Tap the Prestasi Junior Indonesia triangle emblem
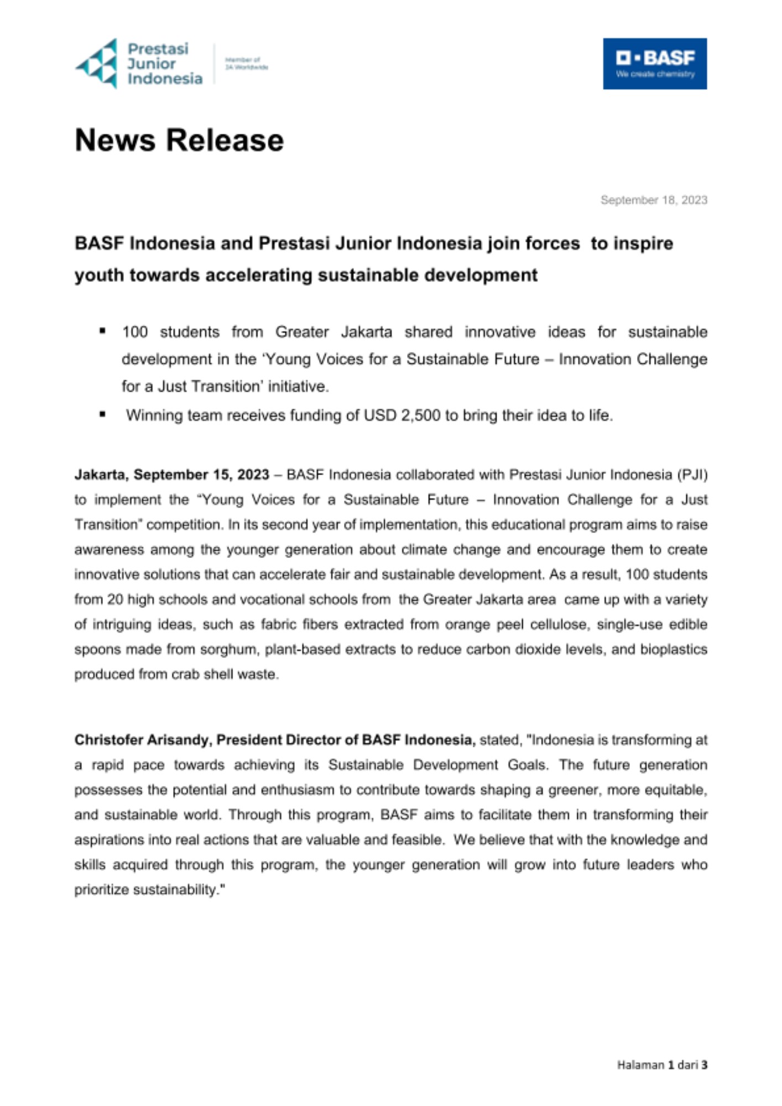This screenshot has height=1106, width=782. (x=97, y=64)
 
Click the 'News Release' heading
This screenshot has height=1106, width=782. (x=179, y=140)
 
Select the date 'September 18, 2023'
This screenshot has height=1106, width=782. (x=654, y=200)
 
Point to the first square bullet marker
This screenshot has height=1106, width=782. (x=102, y=331)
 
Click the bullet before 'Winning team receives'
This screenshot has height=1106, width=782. (x=102, y=414)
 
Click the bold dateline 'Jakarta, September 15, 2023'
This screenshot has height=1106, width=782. (x=172, y=475)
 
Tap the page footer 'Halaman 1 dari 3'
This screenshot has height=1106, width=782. (x=662, y=1065)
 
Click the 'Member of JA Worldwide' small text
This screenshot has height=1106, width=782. (x=246, y=64)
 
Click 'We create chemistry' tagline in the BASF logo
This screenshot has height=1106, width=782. (x=655, y=75)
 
